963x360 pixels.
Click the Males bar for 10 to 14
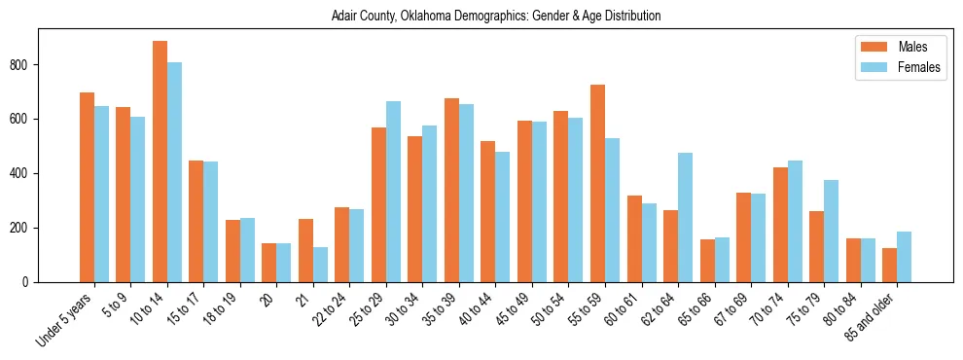point(160,162)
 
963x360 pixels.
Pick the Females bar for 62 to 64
point(685,217)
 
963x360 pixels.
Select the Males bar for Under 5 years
point(87,187)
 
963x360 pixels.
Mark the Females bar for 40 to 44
point(502,217)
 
